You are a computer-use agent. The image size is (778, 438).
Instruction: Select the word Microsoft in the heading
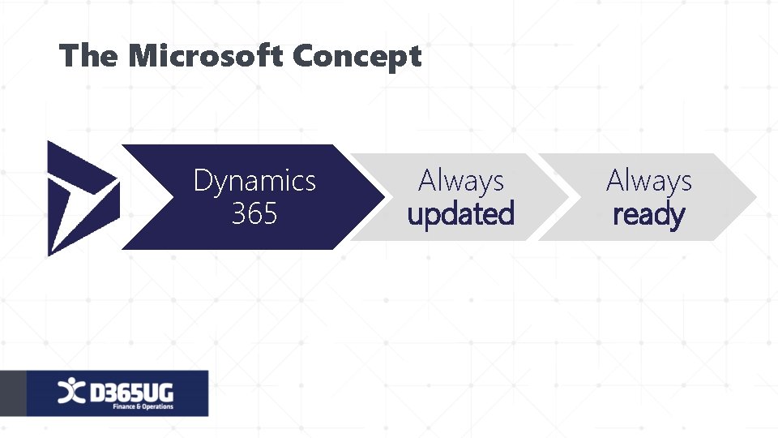click(206, 57)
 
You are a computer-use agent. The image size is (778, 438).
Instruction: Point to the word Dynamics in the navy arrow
click(254, 181)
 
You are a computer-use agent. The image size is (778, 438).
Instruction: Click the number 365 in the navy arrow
click(254, 214)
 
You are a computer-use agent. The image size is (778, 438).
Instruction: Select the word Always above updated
click(460, 181)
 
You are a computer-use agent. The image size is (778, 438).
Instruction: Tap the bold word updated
click(460, 215)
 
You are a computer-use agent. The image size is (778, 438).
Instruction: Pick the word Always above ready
click(648, 181)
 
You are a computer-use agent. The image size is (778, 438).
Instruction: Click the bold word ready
click(648, 216)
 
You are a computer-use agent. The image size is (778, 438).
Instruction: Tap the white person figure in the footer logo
click(71, 392)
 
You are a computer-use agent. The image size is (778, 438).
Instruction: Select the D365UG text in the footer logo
click(131, 391)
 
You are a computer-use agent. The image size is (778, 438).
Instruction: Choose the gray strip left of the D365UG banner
click(12, 393)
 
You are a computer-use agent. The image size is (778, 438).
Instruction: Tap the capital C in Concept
click(305, 57)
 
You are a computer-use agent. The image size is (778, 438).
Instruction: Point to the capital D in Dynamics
click(203, 181)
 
